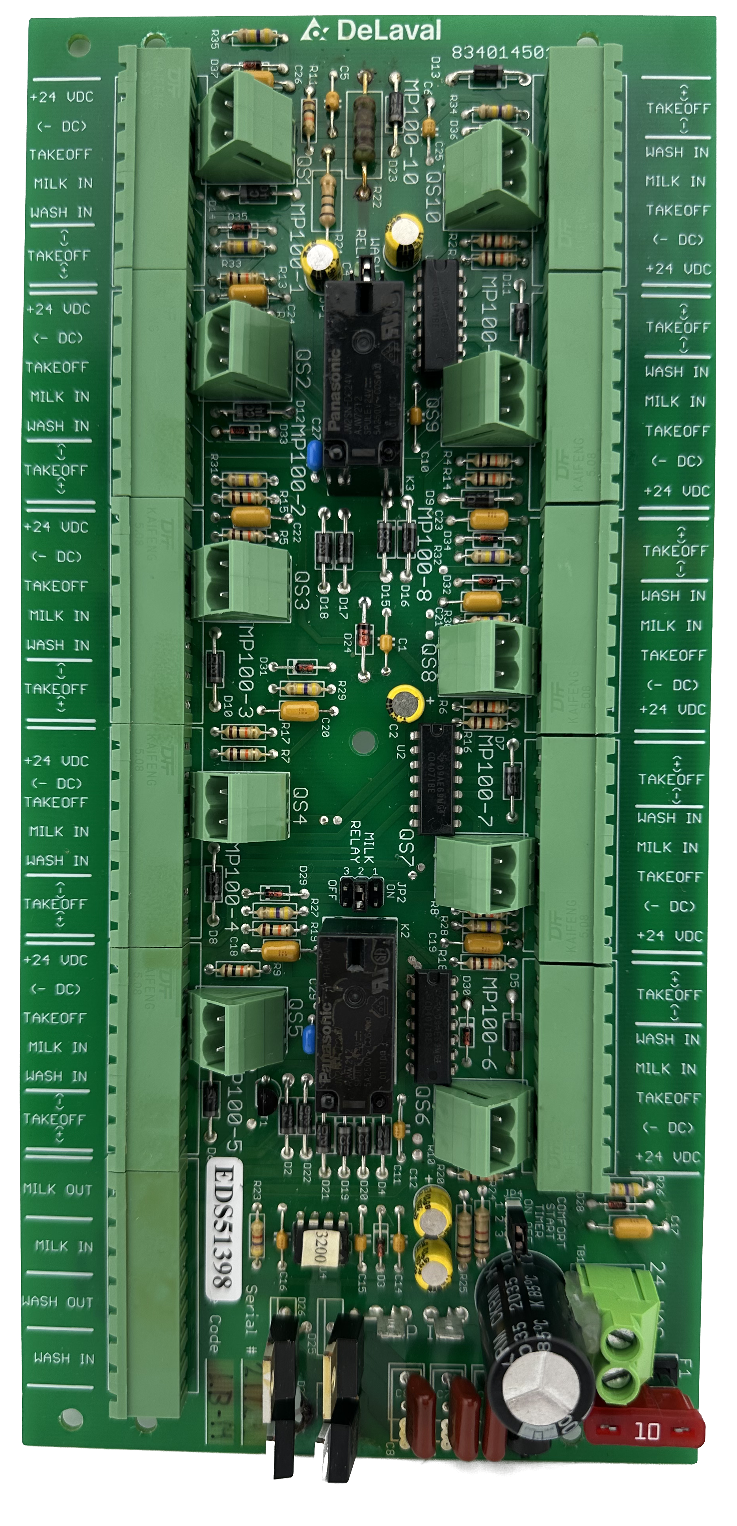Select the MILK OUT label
58,1189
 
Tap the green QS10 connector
493,176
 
